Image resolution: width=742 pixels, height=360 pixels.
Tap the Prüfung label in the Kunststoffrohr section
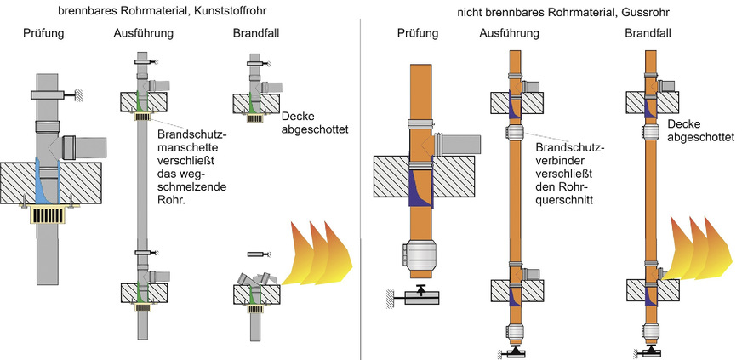click(x=43, y=35)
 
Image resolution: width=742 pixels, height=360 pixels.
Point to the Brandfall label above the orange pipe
click(x=651, y=33)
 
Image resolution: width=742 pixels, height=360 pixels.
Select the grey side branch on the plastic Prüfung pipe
click(x=88, y=146)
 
